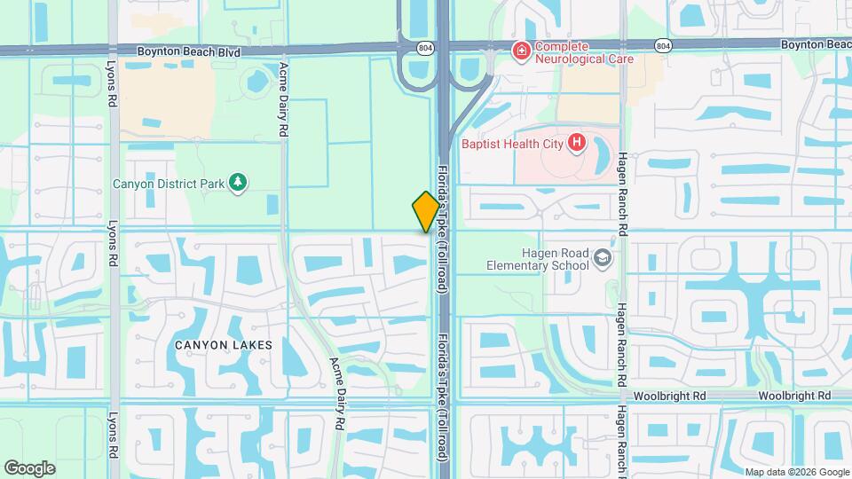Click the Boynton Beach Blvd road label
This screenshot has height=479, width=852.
tap(189, 52)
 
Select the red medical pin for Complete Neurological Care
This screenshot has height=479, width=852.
tap(521, 52)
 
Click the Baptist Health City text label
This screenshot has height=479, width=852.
tap(514, 142)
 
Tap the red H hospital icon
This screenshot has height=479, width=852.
tap(577, 141)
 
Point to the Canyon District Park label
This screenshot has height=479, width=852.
tap(169, 184)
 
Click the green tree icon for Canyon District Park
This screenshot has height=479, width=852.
tap(237, 183)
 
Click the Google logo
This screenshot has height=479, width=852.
tap(29, 467)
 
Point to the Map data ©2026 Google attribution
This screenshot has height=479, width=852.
tap(795, 472)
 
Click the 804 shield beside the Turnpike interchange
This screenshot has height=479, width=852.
tap(427, 50)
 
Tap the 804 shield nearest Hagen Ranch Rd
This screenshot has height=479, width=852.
tap(662, 44)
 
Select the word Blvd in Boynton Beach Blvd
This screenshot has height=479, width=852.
tap(227, 52)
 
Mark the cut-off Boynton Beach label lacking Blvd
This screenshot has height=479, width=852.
tap(816, 44)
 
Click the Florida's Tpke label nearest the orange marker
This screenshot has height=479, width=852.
tap(442, 228)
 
